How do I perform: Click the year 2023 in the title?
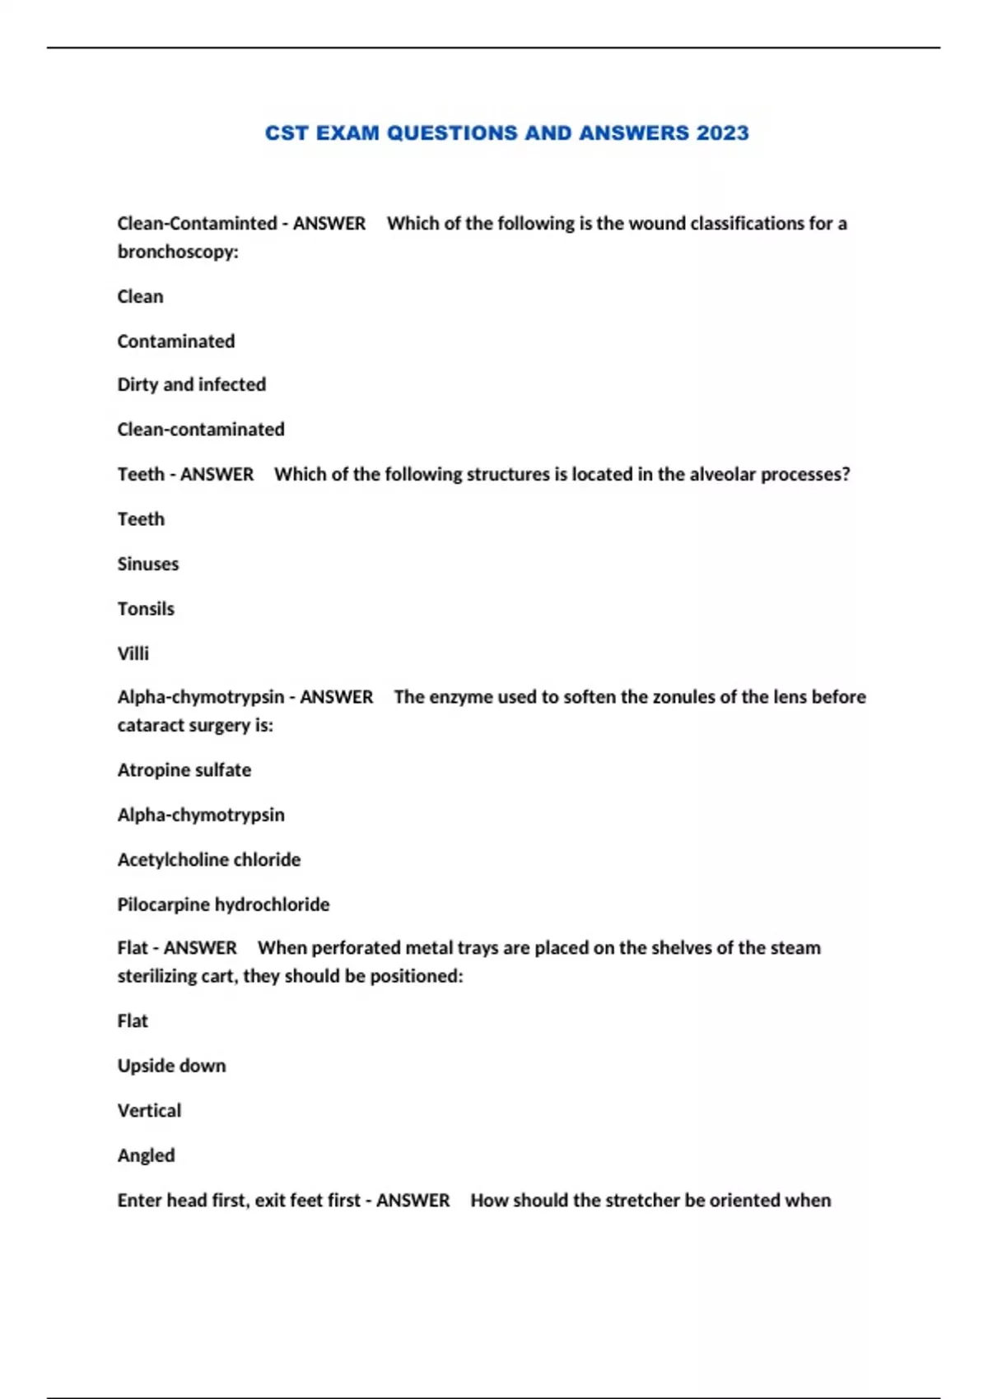722,133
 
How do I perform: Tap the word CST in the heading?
286,133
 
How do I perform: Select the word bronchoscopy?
176,252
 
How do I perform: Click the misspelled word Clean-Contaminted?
197,224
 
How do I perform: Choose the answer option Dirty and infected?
191,384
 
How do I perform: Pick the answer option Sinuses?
147,564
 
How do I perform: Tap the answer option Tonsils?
146,609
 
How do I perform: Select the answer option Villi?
133,653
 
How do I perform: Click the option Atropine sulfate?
184,770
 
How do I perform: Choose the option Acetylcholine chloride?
208,860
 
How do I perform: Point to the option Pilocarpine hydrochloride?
223,904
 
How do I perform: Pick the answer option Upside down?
171,1066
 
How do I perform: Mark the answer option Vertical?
149,1111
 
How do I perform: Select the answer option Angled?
146,1155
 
